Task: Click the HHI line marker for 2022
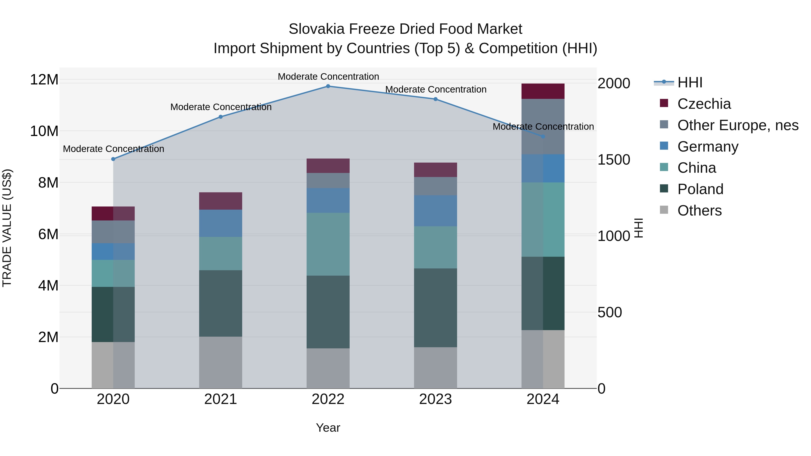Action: tap(328, 86)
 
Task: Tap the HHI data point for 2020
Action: tap(113, 159)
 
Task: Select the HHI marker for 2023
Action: tap(435, 99)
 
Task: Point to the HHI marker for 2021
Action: tap(221, 117)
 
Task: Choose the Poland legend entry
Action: tap(700, 189)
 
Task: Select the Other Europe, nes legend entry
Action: tap(738, 125)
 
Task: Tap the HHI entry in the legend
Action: tap(690, 82)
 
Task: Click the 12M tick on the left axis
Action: tap(44, 80)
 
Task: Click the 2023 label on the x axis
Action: tap(435, 399)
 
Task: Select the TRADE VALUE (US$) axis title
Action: tap(7, 228)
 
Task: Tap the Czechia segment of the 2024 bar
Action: tap(543, 91)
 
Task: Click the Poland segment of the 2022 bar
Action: tap(328, 312)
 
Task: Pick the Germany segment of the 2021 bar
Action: tap(221, 223)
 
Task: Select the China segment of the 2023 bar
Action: tap(435, 247)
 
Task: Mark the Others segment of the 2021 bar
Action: tap(221, 363)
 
